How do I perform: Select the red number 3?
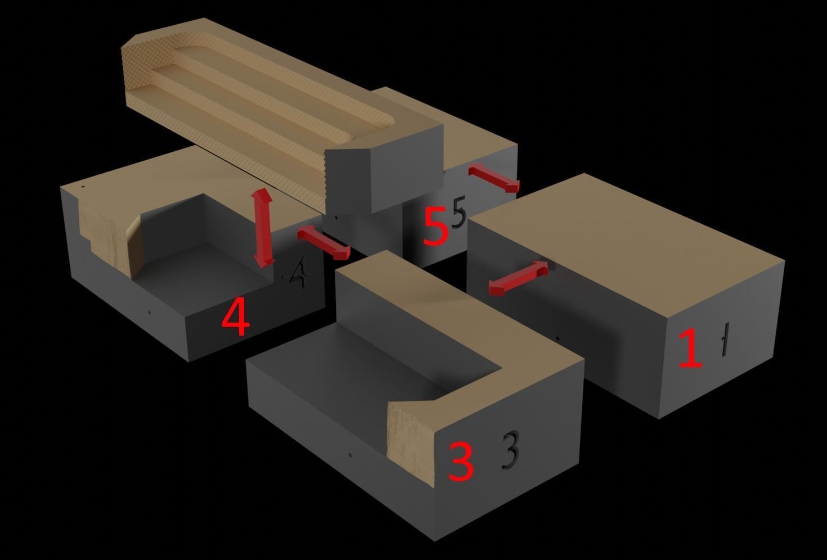[460, 461]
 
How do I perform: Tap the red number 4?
[235, 318]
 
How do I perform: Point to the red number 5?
[435, 227]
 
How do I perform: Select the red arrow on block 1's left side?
[518, 278]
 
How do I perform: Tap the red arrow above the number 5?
[493, 177]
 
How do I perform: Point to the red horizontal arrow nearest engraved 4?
[323, 243]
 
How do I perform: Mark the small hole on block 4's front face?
[149, 312]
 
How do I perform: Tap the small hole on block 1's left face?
[557, 339]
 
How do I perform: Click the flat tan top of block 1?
[624, 236]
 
